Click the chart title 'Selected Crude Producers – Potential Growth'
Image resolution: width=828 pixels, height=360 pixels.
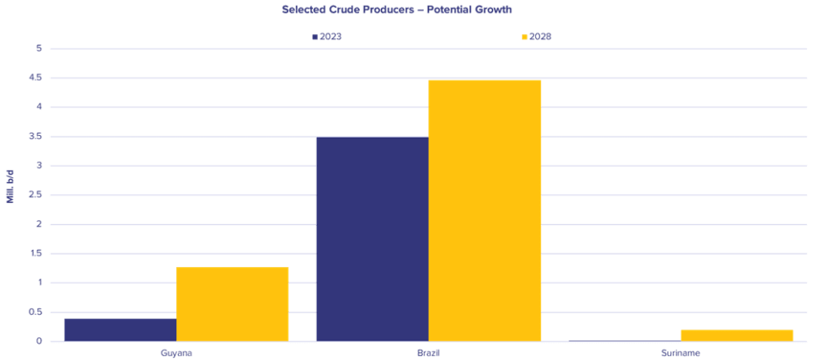[x=396, y=10]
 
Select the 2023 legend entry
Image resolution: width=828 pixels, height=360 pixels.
[x=327, y=36]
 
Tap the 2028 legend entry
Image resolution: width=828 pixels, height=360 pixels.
[x=537, y=36]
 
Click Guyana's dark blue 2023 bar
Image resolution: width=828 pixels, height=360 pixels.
[x=120, y=330]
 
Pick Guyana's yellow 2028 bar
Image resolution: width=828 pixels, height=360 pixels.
[x=232, y=304]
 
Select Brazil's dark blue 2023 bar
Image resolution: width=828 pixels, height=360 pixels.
[x=372, y=239]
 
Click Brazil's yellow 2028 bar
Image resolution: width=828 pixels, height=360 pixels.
[x=484, y=210]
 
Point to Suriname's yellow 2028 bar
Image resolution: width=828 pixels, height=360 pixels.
[x=737, y=335]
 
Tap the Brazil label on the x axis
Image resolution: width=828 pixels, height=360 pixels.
[x=429, y=353]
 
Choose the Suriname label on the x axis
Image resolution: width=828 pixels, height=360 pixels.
[x=681, y=353]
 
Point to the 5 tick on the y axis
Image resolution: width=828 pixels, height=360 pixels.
[x=39, y=49]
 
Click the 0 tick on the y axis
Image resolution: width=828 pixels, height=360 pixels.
[x=39, y=341]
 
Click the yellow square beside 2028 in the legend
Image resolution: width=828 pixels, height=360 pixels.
[x=524, y=37]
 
